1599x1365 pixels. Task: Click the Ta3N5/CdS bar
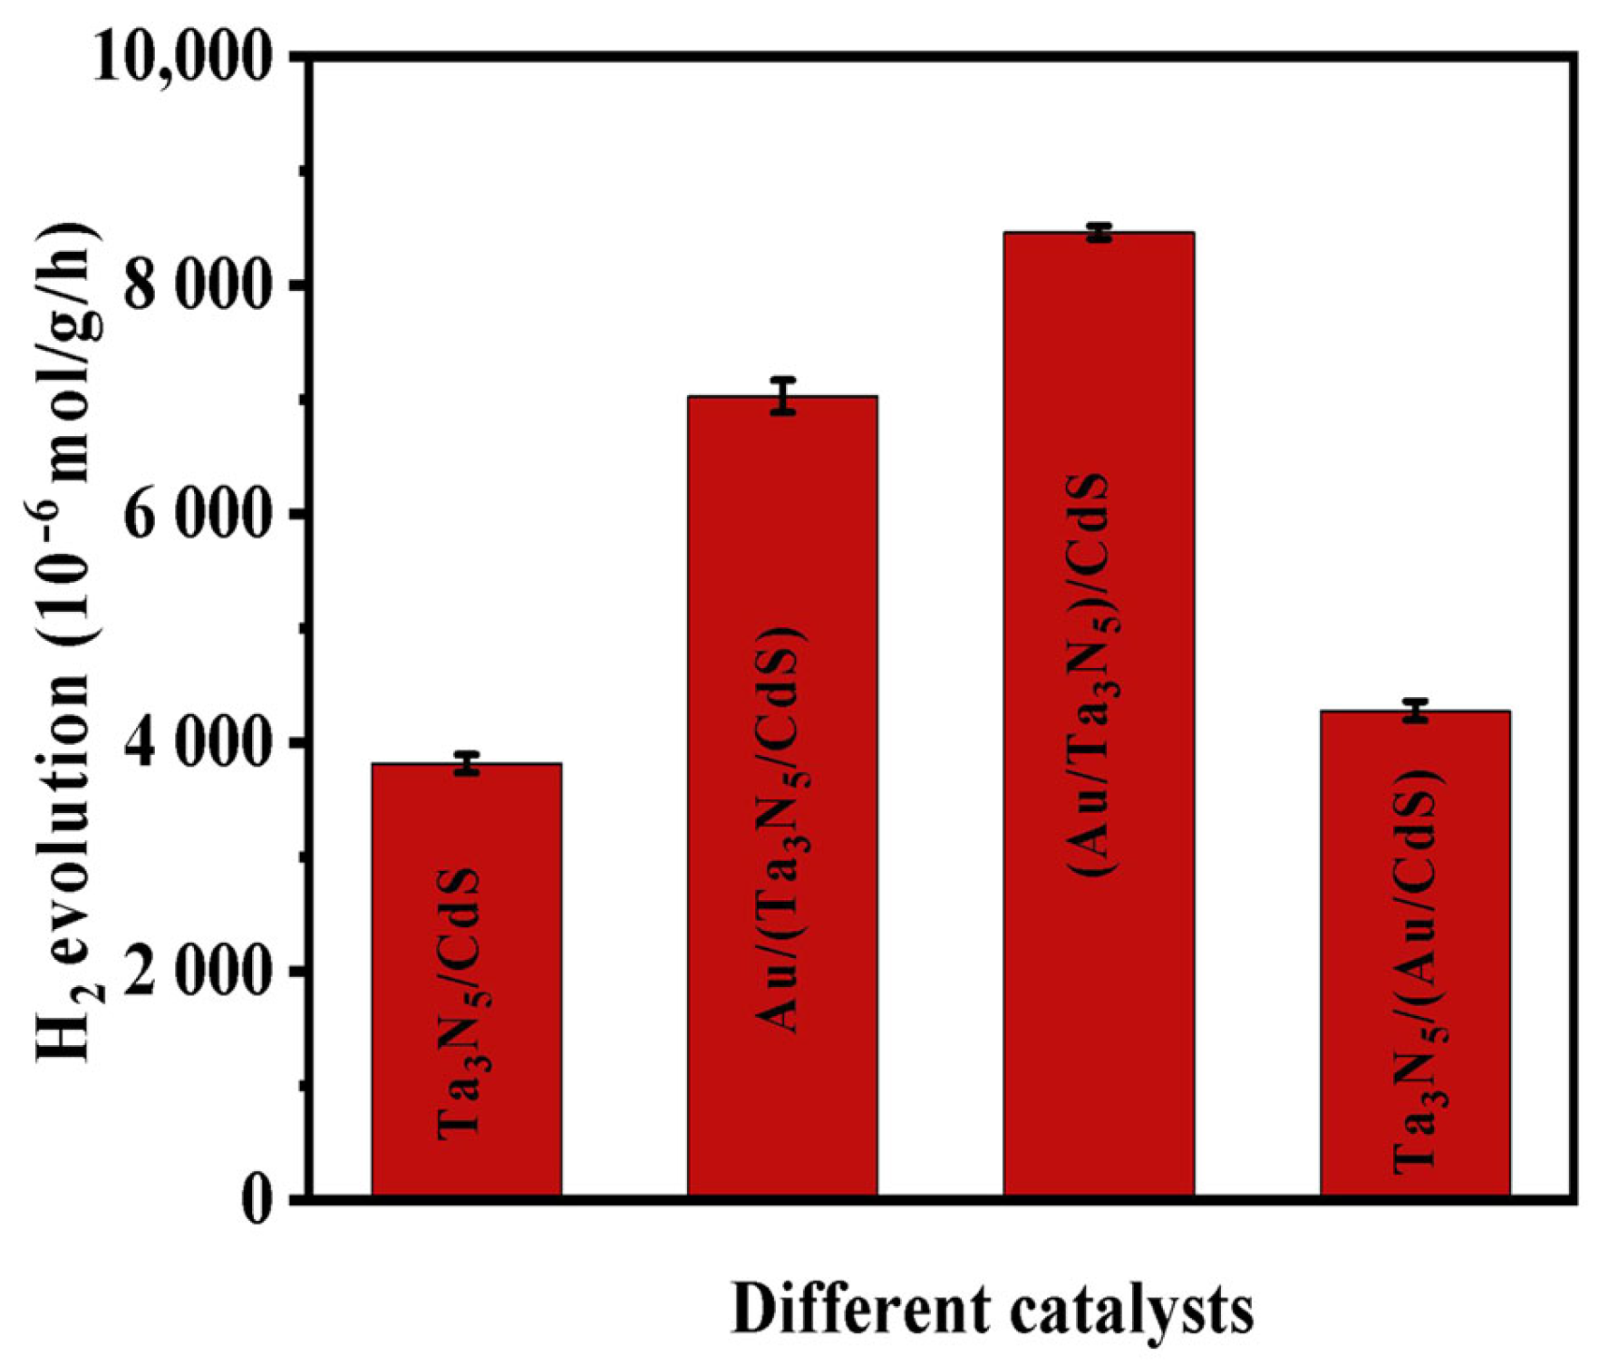pos(466,979)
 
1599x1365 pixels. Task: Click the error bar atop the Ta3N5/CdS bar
pos(467,763)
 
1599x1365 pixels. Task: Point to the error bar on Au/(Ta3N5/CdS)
pos(783,396)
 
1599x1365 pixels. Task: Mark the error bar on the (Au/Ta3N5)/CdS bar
pos(1099,232)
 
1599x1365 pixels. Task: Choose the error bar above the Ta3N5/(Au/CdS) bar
pos(1415,711)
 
